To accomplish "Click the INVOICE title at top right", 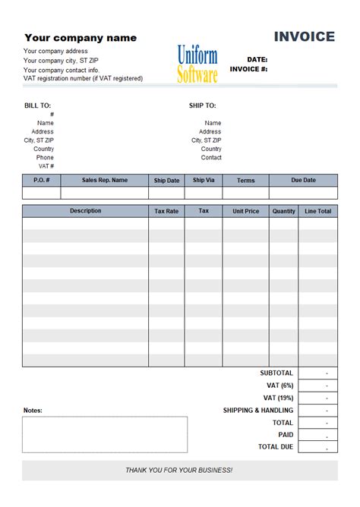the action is click(304, 36).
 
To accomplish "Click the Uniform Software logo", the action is click(197, 65).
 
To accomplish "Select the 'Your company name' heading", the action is click(81, 38).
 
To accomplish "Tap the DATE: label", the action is click(257, 59).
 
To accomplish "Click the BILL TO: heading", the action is click(37, 105).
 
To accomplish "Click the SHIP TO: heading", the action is click(202, 105).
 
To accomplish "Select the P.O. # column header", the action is click(42, 181).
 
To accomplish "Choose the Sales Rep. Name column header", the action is click(105, 181).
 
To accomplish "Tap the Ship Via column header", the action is click(204, 181).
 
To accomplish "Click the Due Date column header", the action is click(303, 181).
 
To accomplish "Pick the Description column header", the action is click(85, 211).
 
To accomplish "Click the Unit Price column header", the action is click(245, 212).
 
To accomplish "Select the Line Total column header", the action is click(318, 212).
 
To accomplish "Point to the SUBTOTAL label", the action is click(276, 373).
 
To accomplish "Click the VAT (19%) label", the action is click(278, 398).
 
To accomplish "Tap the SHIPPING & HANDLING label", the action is click(257, 411).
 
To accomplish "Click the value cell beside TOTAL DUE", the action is click(318, 448).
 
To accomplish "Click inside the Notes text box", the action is click(105, 434).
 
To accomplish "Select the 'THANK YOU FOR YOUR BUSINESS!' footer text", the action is click(179, 471).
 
